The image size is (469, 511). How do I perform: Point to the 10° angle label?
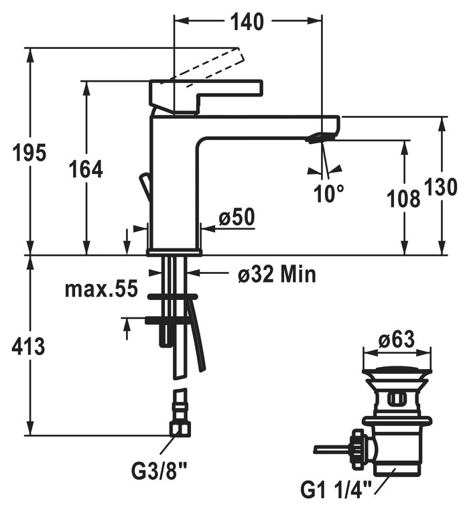click(x=329, y=194)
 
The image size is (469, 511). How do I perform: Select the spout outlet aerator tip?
click(x=318, y=139)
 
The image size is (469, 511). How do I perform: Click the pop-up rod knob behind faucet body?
click(x=143, y=186)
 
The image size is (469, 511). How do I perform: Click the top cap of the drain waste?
click(x=397, y=370)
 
